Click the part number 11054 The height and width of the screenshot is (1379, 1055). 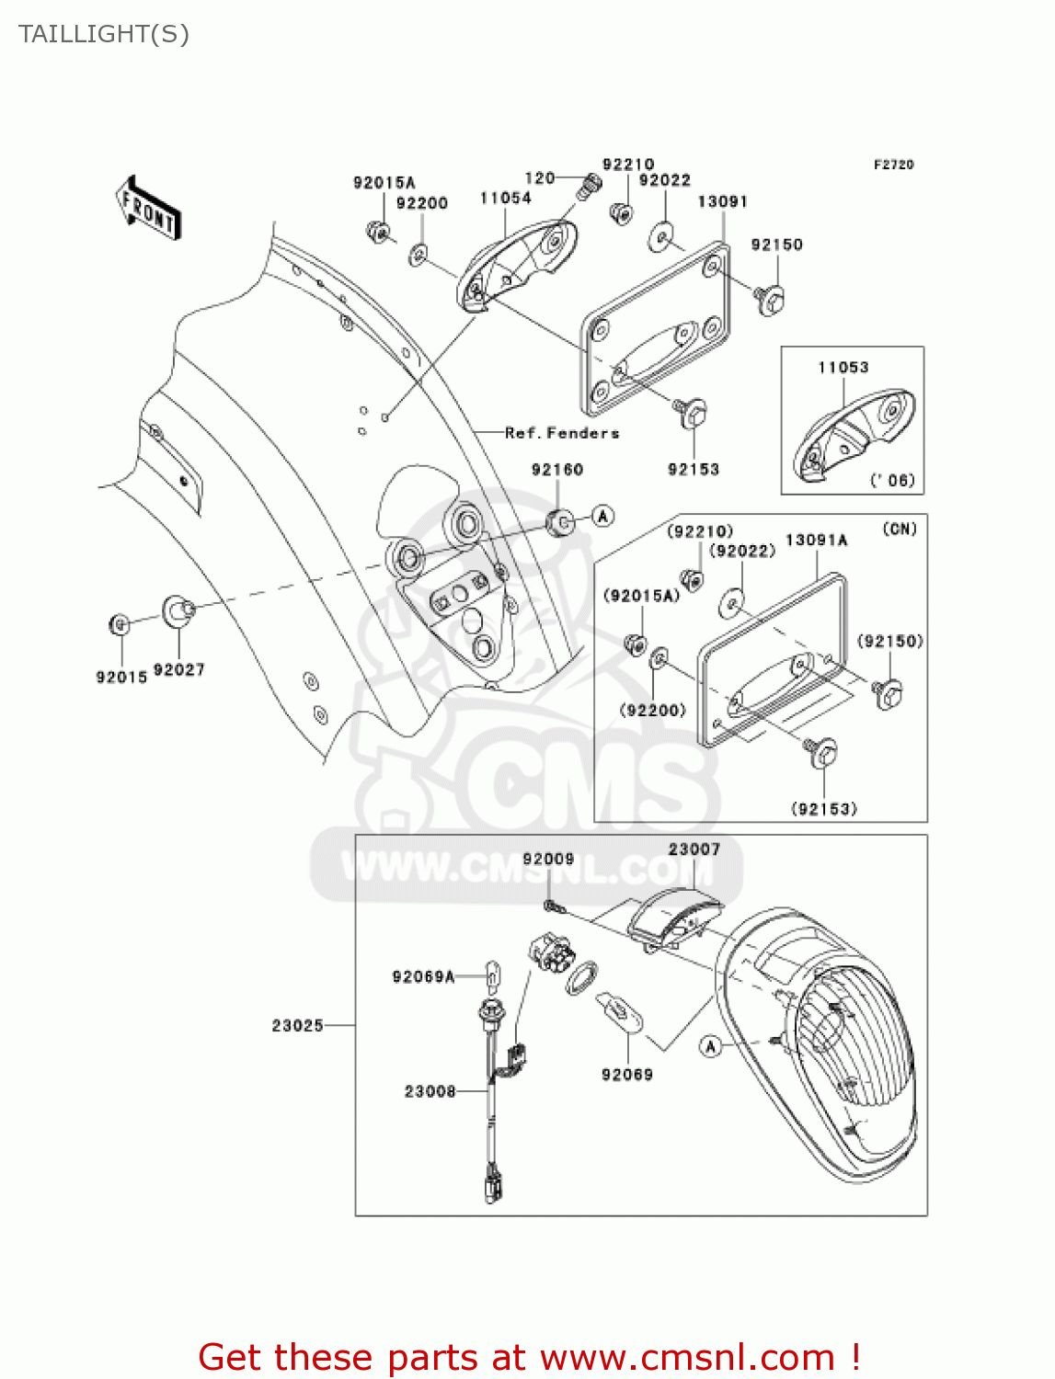click(x=505, y=198)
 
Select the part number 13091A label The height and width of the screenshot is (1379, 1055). click(x=816, y=540)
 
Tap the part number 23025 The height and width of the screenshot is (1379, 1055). click(x=297, y=1025)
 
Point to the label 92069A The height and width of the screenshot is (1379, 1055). click(x=423, y=976)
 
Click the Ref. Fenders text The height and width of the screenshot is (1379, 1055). click(x=562, y=432)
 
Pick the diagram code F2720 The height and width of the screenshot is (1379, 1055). click(x=893, y=165)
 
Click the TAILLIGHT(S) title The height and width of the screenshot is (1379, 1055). click(x=104, y=34)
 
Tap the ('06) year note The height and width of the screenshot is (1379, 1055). click(x=892, y=480)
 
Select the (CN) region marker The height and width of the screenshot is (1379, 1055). click(x=900, y=529)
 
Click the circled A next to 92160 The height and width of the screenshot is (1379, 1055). click(x=602, y=517)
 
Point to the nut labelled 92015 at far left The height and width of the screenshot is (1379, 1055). click(x=119, y=625)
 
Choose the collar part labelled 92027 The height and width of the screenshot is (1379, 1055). click(x=178, y=611)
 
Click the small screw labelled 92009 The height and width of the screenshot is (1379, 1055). click(x=552, y=906)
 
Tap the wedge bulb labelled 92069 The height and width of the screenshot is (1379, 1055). click(x=623, y=1012)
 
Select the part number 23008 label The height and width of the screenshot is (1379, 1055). click(x=430, y=1091)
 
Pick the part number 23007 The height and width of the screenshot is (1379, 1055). click(x=694, y=849)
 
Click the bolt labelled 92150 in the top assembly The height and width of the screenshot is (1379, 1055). click(x=771, y=300)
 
